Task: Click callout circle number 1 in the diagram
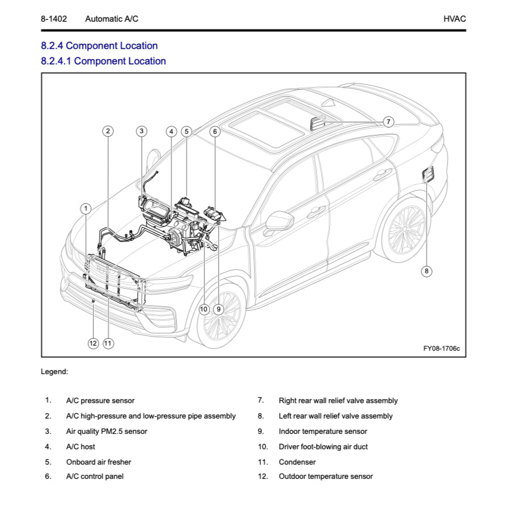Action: click(85, 208)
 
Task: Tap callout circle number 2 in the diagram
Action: click(108, 131)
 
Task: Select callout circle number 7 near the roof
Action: click(388, 121)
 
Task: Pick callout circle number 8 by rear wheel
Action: click(426, 271)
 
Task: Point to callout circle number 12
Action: click(93, 343)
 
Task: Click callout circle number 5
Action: click(186, 132)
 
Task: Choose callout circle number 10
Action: click(204, 309)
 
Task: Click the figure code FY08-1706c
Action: click(441, 348)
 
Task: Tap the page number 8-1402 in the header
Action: click(54, 19)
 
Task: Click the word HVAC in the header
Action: click(454, 19)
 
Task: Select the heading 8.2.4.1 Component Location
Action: click(103, 61)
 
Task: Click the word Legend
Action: click(54, 372)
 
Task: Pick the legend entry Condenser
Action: click(297, 462)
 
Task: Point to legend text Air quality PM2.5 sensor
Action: click(106, 431)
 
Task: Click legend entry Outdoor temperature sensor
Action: click(325, 476)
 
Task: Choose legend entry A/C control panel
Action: click(95, 476)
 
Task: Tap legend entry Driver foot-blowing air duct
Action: click(323, 446)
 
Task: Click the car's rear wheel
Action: click(406, 231)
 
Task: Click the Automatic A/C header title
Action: click(112, 19)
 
